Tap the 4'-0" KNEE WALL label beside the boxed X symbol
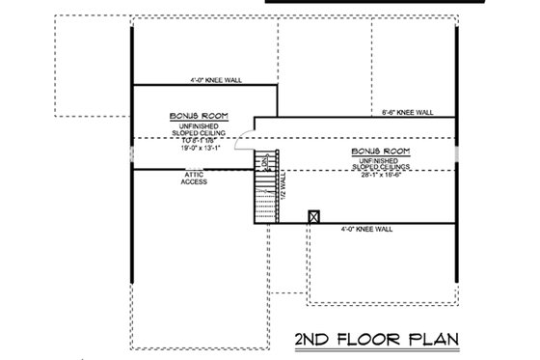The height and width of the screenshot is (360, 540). click(367, 229)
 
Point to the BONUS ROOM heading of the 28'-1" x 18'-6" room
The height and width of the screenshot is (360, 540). click(383, 152)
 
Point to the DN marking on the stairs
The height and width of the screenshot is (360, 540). click(266, 161)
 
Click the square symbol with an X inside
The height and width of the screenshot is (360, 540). click(312, 217)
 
